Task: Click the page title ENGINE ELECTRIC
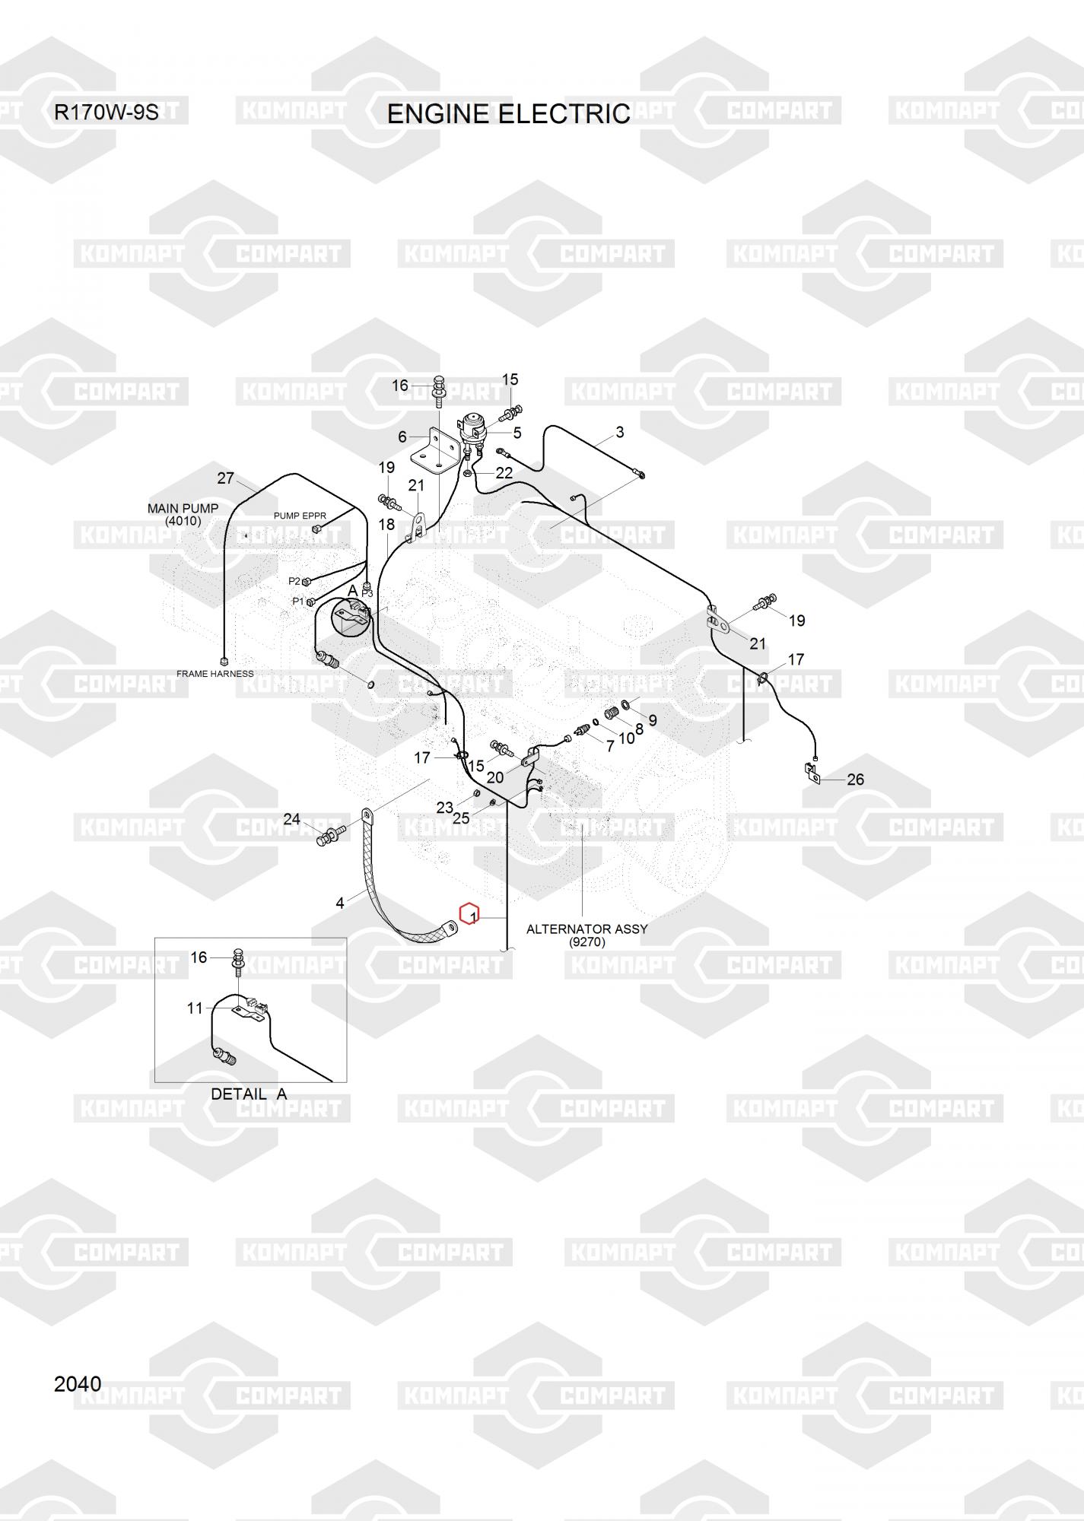[508, 114]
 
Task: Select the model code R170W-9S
[106, 113]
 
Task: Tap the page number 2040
[78, 1383]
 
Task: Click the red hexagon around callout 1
[470, 915]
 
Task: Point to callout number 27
[226, 478]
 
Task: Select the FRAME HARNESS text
[215, 674]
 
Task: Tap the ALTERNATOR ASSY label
[587, 929]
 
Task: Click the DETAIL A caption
[249, 1094]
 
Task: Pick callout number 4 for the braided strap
[340, 903]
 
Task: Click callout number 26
[856, 780]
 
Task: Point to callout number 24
[292, 819]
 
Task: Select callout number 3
[620, 432]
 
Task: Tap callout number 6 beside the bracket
[402, 437]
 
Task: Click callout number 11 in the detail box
[196, 1008]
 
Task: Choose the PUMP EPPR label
[300, 516]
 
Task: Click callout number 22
[504, 472]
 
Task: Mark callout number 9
[653, 719]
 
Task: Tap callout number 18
[386, 524]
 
